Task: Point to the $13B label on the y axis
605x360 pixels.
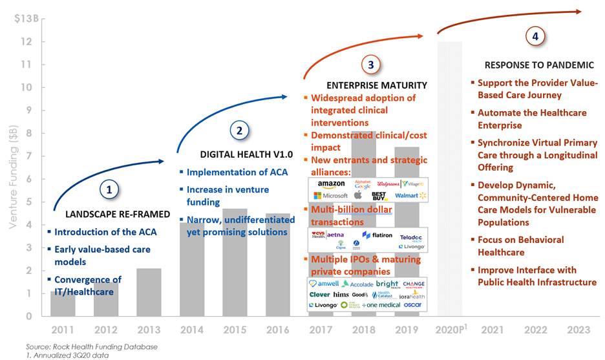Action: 25,18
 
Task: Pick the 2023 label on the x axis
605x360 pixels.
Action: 578,330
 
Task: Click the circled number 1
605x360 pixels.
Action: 109,190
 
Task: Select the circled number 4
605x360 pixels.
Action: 535,37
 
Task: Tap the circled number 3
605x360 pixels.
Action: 370,65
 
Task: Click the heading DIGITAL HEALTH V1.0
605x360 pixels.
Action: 238,155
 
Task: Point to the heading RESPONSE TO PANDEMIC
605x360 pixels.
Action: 539,65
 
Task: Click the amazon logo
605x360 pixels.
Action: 330,185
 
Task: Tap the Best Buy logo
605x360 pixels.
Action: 379,195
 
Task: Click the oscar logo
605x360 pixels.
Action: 412,304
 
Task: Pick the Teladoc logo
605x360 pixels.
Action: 410,237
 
